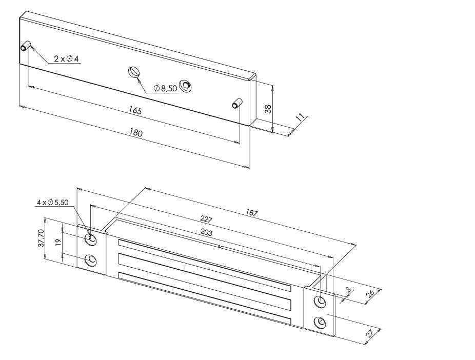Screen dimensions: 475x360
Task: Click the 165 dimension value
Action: (135, 110)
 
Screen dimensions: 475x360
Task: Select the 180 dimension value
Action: (136, 133)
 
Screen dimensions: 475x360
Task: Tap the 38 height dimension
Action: (268, 109)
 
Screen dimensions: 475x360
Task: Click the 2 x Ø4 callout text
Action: (66, 59)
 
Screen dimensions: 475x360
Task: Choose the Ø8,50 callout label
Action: (165, 88)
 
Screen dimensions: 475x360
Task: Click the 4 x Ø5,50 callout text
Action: (53, 202)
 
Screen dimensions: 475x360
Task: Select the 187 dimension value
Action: (251, 212)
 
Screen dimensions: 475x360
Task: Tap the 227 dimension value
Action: (206, 218)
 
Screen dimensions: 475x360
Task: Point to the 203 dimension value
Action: (206, 232)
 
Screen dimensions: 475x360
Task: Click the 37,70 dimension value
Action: (41, 238)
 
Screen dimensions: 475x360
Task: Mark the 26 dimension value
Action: (370, 294)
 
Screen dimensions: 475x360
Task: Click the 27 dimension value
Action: (369, 334)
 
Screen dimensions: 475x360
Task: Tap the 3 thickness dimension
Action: (349, 290)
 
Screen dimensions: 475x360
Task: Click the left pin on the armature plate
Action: (26, 46)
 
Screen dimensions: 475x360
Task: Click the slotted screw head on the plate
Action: (133, 72)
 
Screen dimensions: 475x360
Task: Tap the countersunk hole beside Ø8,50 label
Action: (185, 86)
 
